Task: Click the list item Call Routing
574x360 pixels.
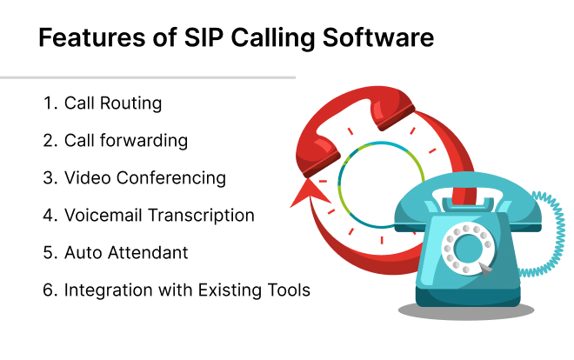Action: (113, 103)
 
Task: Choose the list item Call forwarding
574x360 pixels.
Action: (126, 140)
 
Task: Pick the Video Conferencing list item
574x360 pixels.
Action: (145, 177)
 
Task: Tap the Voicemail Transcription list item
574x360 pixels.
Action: (159, 215)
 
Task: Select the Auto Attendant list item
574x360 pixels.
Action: (126, 252)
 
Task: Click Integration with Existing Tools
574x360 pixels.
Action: (186, 290)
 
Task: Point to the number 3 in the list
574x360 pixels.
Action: (48, 177)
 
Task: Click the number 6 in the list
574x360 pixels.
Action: (48, 290)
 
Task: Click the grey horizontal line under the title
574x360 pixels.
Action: (148, 77)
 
